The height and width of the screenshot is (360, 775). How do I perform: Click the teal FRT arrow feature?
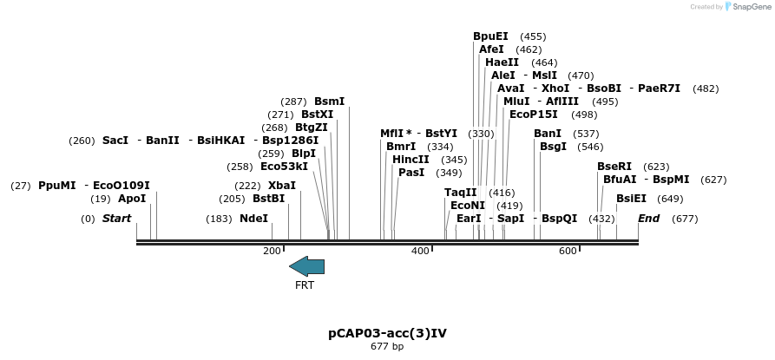pyautogui.click(x=306, y=266)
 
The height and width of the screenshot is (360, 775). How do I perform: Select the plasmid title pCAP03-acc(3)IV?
pyautogui.click(x=387, y=333)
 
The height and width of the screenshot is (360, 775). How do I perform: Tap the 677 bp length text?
pyautogui.click(x=387, y=347)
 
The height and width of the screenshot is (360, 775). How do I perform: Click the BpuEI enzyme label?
pyautogui.click(x=490, y=36)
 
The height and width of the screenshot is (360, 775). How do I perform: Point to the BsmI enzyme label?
pyautogui.click(x=329, y=101)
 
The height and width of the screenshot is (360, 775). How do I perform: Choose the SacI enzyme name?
pyautogui.click(x=115, y=141)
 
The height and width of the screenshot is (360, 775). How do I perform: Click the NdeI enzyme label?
pyautogui.click(x=253, y=219)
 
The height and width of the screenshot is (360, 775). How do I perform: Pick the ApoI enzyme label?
pyautogui.click(x=132, y=199)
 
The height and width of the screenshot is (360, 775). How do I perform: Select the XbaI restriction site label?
pyautogui.click(x=281, y=186)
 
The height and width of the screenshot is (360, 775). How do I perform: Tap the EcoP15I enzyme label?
pyautogui.click(x=533, y=115)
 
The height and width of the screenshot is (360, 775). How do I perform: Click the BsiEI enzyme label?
pyautogui.click(x=631, y=199)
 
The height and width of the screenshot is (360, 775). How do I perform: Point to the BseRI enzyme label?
pyautogui.click(x=614, y=167)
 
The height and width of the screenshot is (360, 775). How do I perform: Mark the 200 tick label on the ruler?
pyautogui.click(x=272, y=252)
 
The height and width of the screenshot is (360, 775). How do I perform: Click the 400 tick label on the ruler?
pyautogui.click(x=420, y=252)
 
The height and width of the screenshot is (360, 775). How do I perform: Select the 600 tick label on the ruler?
pyautogui.click(x=568, y=252)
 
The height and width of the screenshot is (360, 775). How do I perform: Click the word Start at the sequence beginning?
pyautogui.click(x=116, y=219)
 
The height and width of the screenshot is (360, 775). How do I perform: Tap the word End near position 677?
pyautogui.click(x=648, y=219)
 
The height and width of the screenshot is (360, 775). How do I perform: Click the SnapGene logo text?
pyautogui.click(x=752, y=7)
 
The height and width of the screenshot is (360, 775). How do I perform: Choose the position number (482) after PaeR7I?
pyautogui.click(x=706, y=88)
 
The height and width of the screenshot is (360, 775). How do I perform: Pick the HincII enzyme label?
pyautogui.click(x=410, y=160)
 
